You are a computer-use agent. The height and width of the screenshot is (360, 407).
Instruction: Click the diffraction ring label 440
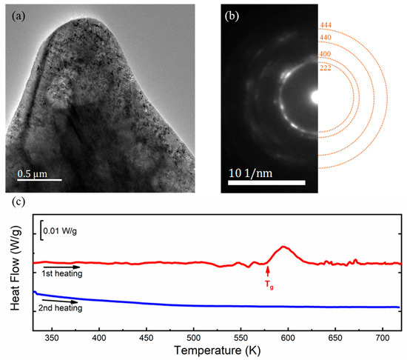point(326,37)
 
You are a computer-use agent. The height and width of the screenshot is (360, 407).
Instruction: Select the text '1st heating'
point(63,274)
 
